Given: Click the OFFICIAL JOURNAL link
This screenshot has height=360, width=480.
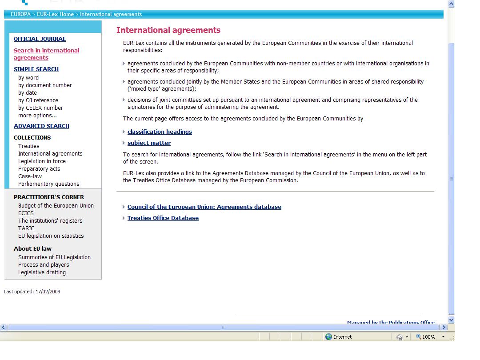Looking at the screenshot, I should point(40,39).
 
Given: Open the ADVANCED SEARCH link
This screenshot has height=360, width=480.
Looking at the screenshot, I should point(41,126).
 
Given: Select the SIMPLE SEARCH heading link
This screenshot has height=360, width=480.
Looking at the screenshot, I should point(36,69).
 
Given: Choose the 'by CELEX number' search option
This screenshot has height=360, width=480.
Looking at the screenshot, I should point(40,108).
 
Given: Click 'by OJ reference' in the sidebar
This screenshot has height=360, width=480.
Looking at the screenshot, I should point(38,100).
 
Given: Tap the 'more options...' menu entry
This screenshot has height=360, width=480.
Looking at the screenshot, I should point(37,116).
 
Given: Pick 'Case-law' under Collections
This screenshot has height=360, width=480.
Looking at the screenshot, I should point(30,176).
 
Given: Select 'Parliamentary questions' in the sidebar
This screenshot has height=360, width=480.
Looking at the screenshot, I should point(48,184).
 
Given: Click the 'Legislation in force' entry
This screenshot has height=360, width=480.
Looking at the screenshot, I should point(42,161).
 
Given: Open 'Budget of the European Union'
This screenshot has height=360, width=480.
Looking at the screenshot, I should point(56,206).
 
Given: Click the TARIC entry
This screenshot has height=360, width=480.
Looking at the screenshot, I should point(26,228).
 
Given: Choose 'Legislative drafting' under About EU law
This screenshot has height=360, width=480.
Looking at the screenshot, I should point(42,272).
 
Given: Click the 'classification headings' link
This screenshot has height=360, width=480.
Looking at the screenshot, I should point(160,132).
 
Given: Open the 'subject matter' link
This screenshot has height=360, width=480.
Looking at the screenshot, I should point(149,143).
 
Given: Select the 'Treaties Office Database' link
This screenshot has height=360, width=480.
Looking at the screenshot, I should point(163,218).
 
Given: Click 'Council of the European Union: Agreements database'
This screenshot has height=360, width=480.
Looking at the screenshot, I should point(204,207).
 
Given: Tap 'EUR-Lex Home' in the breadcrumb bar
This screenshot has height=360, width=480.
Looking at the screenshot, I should point(55,14).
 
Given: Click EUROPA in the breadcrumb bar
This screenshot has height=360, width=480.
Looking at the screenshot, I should point(20,14).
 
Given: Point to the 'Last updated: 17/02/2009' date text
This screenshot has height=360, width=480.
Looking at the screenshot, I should point(32,292).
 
